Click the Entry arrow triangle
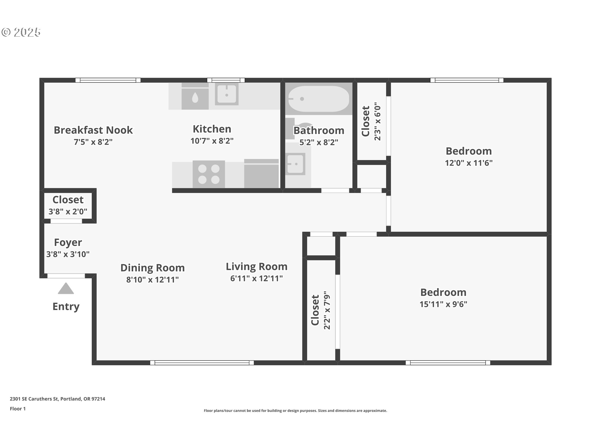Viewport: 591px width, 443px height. tap(66, 289)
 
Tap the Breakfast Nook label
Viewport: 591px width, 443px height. tap(93, 130)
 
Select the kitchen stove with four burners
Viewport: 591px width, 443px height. tap(209, 174)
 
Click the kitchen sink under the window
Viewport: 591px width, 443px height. tap(227, 94)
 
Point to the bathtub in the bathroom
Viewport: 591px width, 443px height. tap(319, 99)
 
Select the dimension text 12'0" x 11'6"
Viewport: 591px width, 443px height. tap(468, 163)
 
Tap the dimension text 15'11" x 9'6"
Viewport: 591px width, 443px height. tap(443, 304)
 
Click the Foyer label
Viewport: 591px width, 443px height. tap(68, 242)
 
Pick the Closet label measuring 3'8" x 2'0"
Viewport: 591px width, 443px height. tap(68, 200)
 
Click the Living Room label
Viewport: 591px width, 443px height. tap(256, 266)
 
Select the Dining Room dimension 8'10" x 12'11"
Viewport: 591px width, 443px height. tap(152, 280)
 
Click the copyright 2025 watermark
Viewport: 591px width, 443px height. tap(21, 32)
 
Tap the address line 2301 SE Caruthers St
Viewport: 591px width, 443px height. tap(57, 399)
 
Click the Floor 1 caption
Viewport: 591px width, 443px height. tap(18, 409)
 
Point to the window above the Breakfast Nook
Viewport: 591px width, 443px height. tap(108, 80)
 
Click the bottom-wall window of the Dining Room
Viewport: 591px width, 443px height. tap(202, 363)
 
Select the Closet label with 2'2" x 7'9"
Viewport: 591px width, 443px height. tap(315, 310)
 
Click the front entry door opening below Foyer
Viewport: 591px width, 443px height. tap(66, 276)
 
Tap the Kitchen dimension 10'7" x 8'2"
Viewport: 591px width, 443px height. tap(212, 141)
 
